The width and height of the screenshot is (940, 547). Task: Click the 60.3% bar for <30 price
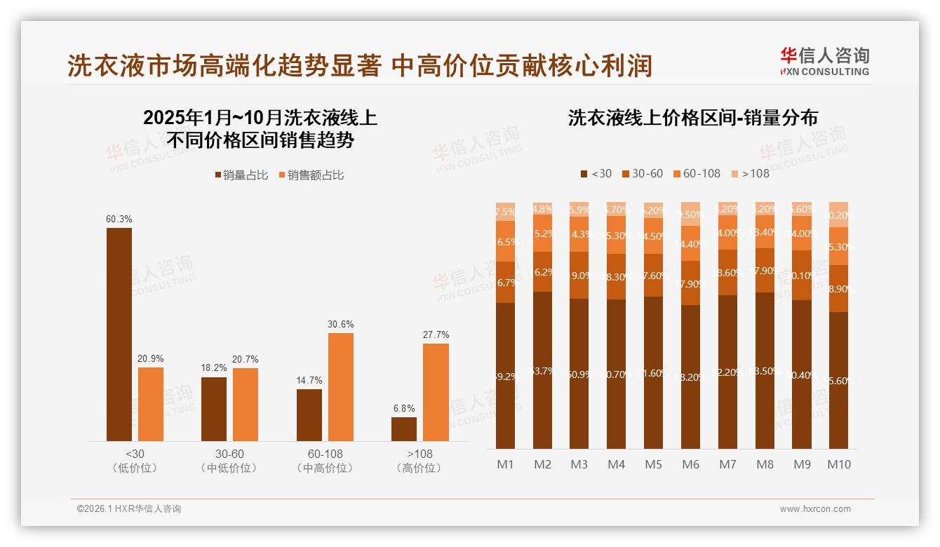[119, 334]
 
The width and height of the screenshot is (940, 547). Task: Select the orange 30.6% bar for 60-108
[341, 386]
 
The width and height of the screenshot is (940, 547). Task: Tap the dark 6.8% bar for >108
[404, 428]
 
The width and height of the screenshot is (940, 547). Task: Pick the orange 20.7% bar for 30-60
[246, 404]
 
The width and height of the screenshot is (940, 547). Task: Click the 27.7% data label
[436, 335]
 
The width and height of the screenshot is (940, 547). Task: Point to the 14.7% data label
[309, 381]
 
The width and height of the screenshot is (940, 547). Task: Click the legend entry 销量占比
[241, 175]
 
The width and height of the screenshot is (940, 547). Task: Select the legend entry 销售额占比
[310, 175]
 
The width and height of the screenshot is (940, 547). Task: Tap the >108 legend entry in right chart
[750, 173]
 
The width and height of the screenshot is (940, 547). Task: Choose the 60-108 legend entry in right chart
[696, 173]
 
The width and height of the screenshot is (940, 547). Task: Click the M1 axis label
[506, 464]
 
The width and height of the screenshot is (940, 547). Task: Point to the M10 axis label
[839, 464]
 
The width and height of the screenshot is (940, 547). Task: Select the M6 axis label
[691, 464]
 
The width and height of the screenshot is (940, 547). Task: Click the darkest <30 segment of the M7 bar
[728, 372]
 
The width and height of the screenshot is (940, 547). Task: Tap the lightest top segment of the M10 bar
[839, 215]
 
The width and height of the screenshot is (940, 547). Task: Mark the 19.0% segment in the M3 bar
[579, 276]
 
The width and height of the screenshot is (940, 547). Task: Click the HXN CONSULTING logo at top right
[824, 62]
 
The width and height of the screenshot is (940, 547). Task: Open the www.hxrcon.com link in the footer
[815, 509]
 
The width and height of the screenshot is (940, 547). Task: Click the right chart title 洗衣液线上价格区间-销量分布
[693, 118]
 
